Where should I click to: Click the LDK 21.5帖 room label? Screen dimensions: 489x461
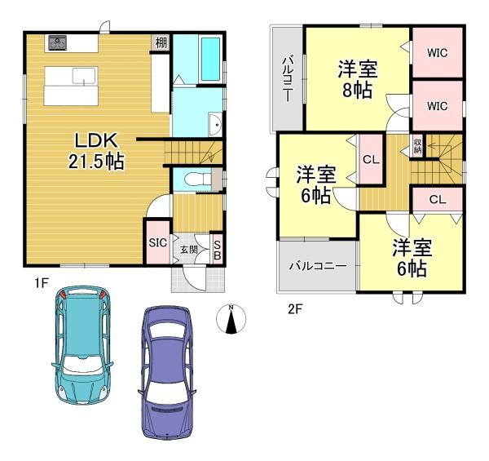(96, 150)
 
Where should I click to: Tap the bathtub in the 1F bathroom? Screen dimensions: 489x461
(210, 60)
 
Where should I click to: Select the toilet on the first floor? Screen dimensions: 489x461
(197, 180)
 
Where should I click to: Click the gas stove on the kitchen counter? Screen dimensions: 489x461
(58, 42)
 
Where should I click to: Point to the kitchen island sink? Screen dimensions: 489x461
(84, 76)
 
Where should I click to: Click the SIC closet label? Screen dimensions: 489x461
(157, 242)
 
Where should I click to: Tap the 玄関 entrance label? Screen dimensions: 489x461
(189, 250)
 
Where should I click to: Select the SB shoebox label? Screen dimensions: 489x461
(218, 250)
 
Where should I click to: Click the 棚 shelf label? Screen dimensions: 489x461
(161, 42)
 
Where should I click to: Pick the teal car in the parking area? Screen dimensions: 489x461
(82, 345)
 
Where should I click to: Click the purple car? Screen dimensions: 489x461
(167, 372)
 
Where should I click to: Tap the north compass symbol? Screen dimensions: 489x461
(231, 318)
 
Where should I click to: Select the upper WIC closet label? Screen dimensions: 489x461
(437, 53)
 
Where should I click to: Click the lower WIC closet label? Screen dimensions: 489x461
(437, 106)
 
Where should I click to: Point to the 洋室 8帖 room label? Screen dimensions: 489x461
(358, 79)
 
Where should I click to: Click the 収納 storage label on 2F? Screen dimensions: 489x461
(417, 146)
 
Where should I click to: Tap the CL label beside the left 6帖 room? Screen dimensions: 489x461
(371, 159)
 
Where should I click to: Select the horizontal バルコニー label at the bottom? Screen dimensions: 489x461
(318, 266)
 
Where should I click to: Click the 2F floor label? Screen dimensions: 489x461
(295, 309)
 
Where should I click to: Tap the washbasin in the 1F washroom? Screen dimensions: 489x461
(215, 125)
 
